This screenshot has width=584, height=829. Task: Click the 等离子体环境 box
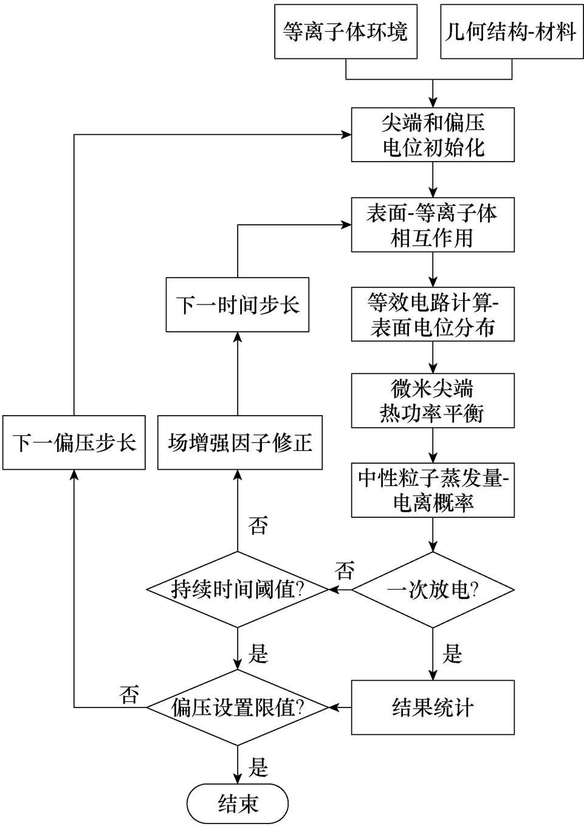click(x=345, y=32)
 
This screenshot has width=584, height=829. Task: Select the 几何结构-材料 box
click(x=511, y=32)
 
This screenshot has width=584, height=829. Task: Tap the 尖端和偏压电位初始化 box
click(x=433, y=135)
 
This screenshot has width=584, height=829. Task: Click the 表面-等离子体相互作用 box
click(x=433, y=225)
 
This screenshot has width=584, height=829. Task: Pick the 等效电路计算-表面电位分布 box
click(x=433, y=314)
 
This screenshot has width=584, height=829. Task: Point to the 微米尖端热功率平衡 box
click(x=433, y=401)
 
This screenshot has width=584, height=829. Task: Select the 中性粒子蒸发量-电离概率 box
click(x=433, y=490)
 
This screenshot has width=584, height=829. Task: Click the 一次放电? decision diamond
click(x=433, y=590)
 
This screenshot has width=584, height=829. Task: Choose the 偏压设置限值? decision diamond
click(x=238, y=707)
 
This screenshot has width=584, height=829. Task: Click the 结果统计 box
click(x=433, y=707)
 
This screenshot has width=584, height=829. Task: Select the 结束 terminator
click(x=238, y=803)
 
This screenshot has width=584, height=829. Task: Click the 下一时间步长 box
click(x=238, y=304)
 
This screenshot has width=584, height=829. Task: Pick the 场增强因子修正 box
click(x=239, y=442)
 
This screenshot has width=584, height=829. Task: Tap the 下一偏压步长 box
click(x=74, y=442)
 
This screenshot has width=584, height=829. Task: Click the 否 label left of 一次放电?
click(x=345, y=571)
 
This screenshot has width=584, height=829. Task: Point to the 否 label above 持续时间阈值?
click(x=258, y=525)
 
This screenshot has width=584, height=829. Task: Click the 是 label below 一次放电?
click(x=453, y=654)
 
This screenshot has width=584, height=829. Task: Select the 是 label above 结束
click(x=258, y=767)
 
